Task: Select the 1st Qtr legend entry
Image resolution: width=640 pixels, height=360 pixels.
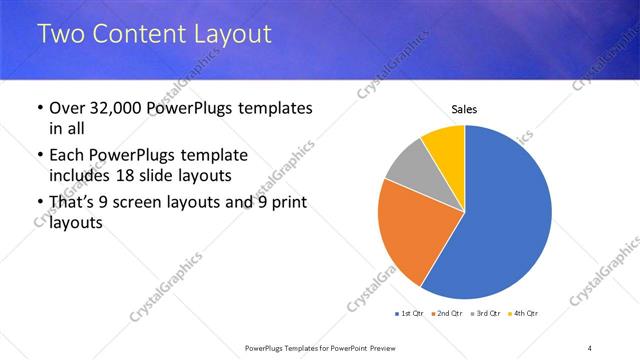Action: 411,314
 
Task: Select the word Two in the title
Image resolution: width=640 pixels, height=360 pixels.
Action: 61,34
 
